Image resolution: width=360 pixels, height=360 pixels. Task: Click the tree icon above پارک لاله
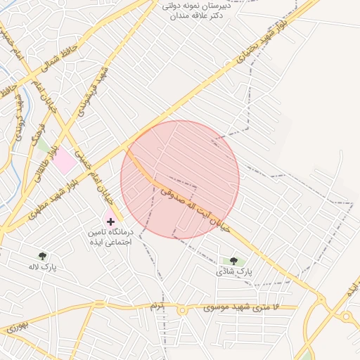[43, 256]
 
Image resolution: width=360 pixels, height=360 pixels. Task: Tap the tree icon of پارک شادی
[233, 261]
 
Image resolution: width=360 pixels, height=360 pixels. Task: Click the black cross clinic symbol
[110, 221]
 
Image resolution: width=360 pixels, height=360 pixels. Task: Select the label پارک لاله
[42, 267]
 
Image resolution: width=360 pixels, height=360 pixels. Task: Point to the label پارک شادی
[233, 271]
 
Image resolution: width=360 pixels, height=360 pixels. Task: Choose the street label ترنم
[155, 307]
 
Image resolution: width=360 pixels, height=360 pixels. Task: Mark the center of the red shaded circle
[180, 179]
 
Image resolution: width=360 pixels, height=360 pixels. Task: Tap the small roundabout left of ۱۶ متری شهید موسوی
[182, 309]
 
